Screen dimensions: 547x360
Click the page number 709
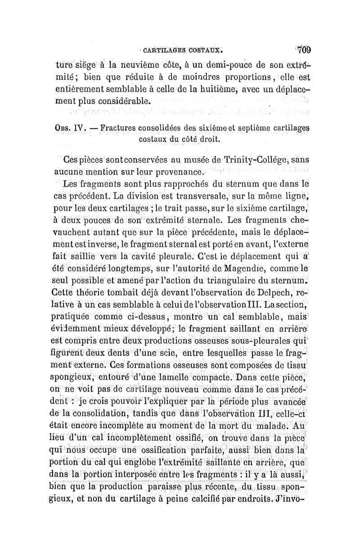(305, 49)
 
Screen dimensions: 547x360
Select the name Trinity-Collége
(251, 160)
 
